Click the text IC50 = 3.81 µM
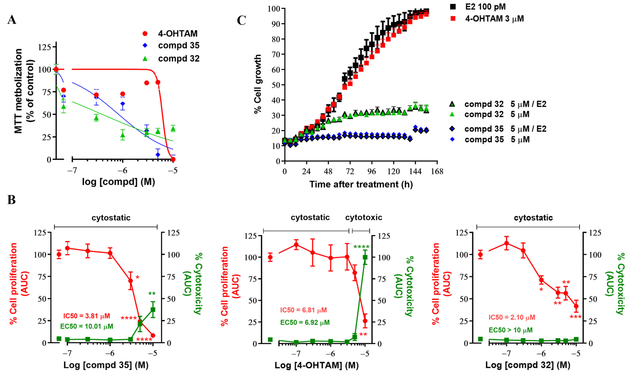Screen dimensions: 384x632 click(87, 316)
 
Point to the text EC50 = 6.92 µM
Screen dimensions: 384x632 click(305, 322)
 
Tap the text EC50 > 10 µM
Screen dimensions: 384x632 click(511, 330)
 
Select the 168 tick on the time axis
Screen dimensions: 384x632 click(437, 171)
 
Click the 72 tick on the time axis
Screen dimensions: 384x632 click(350, 171)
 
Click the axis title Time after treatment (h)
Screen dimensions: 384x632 click(361, 184)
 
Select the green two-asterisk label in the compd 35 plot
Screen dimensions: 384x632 click(152, 294)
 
